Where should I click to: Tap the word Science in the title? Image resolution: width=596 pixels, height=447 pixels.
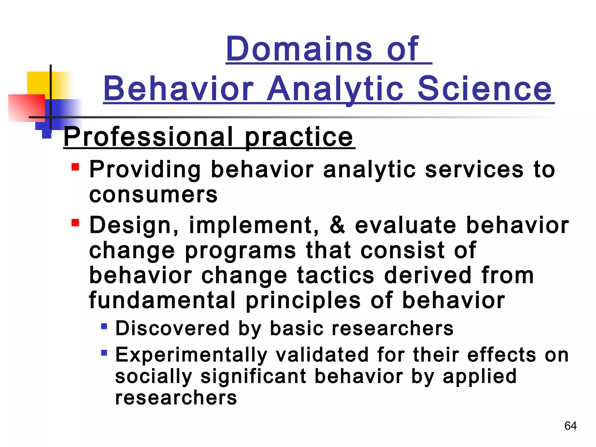coord(484,89)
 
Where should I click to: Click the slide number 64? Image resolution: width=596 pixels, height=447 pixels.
coord(570,426)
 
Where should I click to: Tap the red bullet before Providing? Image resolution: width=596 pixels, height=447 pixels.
coord(75,167)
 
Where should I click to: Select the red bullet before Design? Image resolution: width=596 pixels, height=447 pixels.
coord(75,223)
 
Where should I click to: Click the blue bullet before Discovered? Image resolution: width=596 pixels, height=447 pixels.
coord(104,326)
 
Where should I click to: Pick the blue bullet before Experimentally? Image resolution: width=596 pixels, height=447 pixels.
coord(104,353)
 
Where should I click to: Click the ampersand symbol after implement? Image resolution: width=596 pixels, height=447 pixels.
coord(337,226)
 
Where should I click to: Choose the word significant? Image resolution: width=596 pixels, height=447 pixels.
coord(253,377)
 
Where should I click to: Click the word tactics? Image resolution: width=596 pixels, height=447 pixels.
coord(336,276)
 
